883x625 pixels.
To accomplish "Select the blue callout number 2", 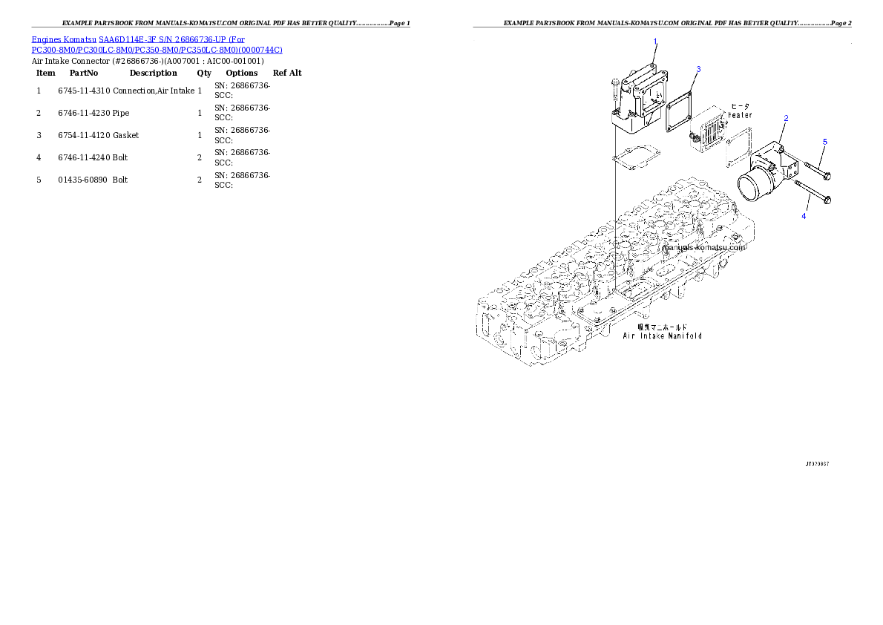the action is point(786,118).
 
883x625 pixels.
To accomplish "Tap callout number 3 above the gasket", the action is point(697,69).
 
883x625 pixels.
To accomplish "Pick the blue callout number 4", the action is point(802,216).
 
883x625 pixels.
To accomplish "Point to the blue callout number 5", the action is point(824,141).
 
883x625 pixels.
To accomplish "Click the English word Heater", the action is point(740,115).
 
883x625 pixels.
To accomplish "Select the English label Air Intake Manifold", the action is point(662,336).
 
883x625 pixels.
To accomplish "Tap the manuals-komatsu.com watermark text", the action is point(704,248).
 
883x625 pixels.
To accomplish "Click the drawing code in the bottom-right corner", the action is point(817,463).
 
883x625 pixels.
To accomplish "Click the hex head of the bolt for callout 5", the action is point(827,177).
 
